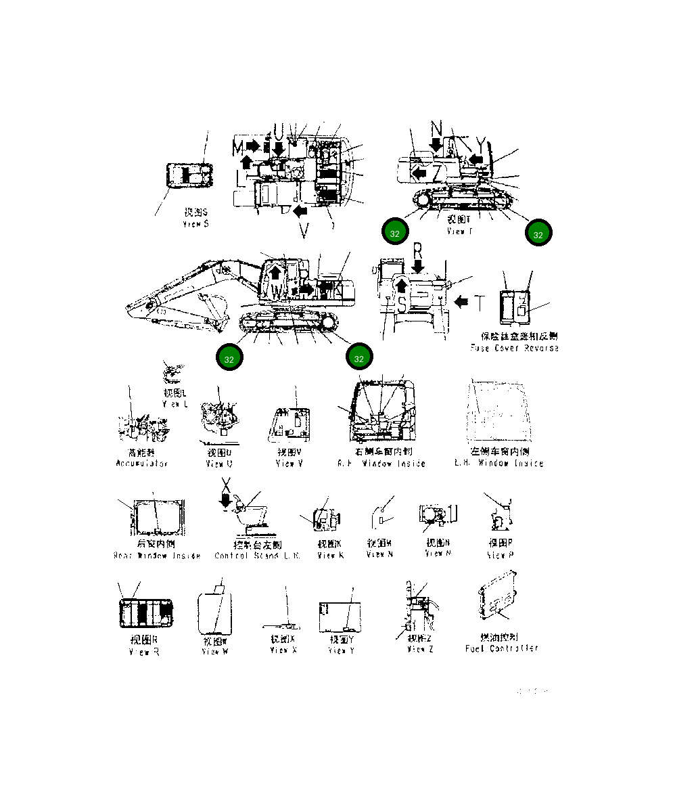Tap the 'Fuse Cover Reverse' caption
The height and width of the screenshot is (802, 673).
(x=515, y=348)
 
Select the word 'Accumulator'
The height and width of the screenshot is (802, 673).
(x=142, y=464)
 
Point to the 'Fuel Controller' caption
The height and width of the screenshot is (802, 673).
(x=502, y=648)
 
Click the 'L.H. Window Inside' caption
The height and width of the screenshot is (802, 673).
(x=499, y=464)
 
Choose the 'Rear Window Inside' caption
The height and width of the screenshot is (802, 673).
(x=157, y=556)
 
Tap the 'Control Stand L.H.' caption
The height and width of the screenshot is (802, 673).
(x=258, y=556)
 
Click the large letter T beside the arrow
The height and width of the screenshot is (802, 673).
(x=479, y=303)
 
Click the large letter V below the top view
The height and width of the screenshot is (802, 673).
(x=304, y=231)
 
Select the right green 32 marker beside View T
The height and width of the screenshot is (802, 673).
(x=538, y=234)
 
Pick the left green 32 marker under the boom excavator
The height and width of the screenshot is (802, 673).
(x=229, y=359)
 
